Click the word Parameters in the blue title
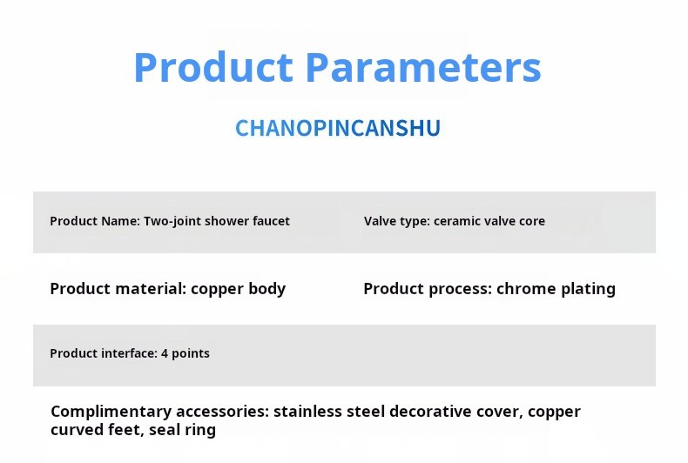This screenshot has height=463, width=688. pos(423,67)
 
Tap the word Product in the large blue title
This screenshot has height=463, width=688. pos(213,67)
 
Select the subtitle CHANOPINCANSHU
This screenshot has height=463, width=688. pos(338,128)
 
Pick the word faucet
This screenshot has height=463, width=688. pos(271,221)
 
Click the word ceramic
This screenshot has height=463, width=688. pos(454,221)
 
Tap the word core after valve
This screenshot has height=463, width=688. pos(532,221)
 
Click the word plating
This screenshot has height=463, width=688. pos(589,289)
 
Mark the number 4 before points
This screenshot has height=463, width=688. pos(165,353)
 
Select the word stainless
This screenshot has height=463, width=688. pos(307,412)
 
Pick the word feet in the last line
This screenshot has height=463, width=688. pos(125,430)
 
